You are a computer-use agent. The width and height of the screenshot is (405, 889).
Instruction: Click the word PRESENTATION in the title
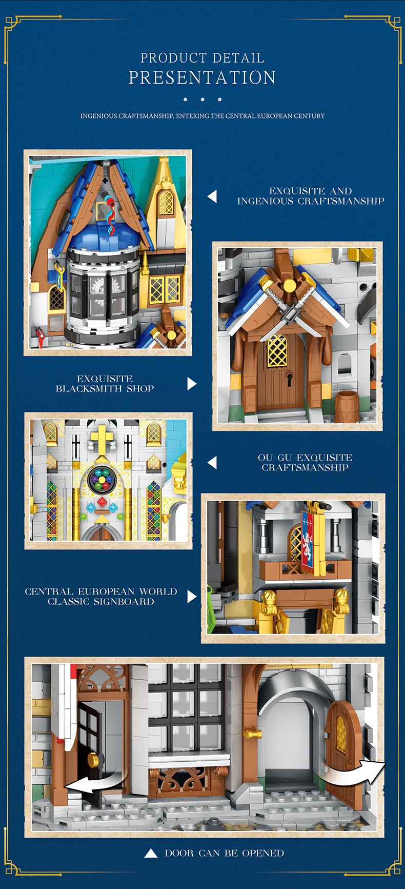[x=202, y=77]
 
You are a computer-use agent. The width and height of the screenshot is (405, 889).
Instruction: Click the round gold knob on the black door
[x=94, y=760]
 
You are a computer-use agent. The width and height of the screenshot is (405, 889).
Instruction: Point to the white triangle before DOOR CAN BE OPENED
[x=151, y=854]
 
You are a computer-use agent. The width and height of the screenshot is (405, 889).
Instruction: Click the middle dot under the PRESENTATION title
[x=202, y=100]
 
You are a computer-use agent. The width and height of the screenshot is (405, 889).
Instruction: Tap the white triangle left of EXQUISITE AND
[x=212, y=196]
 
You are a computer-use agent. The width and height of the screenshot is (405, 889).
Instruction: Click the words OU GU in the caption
[x=275, y=458]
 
